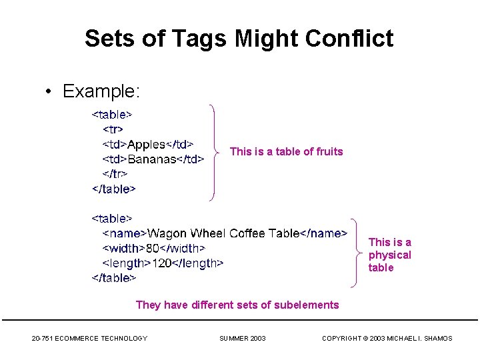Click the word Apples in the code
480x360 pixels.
coord(146,144)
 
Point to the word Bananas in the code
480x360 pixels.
coord(153,159)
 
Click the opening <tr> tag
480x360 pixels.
coord(113,129)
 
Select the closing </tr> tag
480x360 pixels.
coord(115,174)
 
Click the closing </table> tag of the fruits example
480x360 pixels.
coord(113,189)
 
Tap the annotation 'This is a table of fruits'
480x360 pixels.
coord(286,152)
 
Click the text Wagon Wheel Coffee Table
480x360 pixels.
coord(223,233)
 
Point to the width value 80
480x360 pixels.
coord(153,248)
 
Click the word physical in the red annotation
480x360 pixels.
coord(390,255)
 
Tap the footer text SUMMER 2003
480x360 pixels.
coord(242,339)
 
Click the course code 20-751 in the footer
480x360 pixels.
coord(43,339)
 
